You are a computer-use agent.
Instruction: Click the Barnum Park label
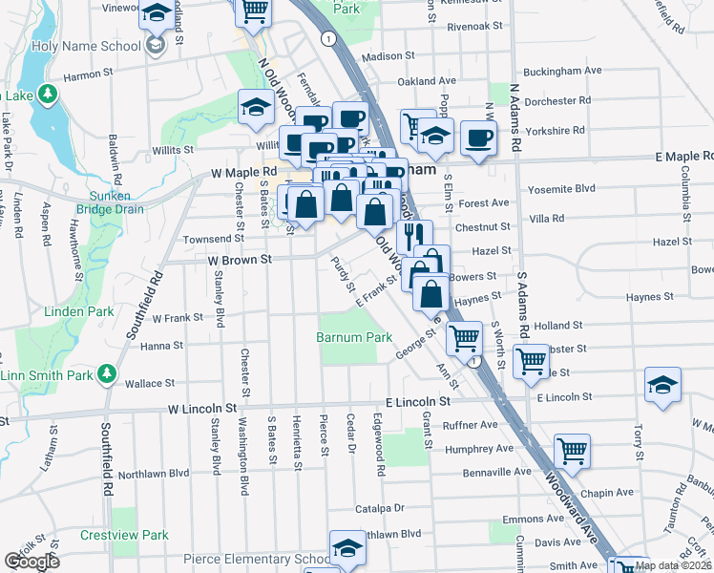point(355,337)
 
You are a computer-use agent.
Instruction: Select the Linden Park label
point(79,311)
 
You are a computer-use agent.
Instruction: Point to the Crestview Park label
point(124,536)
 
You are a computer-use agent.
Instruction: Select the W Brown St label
point(234,258)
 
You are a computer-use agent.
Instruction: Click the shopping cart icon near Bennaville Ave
point(571,448)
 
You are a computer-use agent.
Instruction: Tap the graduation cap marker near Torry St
point(661,383)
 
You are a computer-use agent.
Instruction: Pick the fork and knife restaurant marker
point(414,234)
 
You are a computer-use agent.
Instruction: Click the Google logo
point(31,562)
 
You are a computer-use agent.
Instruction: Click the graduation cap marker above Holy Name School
point(155,12)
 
